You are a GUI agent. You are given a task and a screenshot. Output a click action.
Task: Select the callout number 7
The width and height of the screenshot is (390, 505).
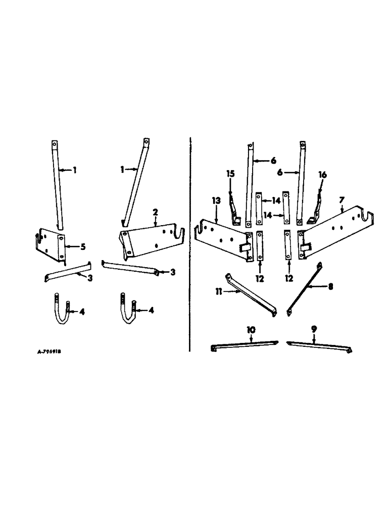pyautogui.click(x=342, y=200)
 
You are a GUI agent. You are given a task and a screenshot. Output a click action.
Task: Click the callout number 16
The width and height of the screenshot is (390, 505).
pyautogui.click(x=322, y=175)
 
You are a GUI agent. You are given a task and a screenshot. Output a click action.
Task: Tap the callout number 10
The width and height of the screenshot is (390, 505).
pyautogui.click(x=251, y=330)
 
